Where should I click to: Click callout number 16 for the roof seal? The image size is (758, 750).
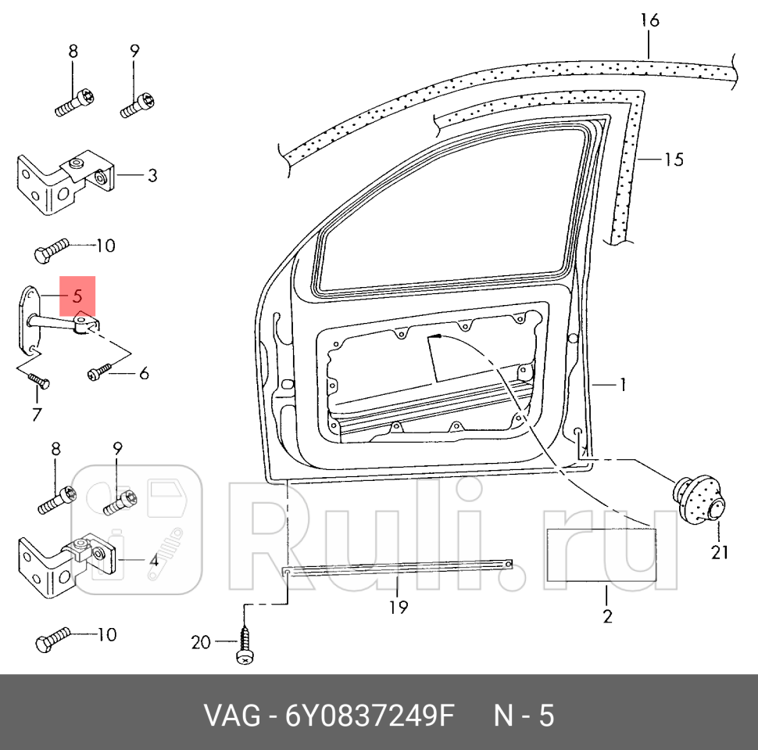pyautogui.click(x=649, y=20)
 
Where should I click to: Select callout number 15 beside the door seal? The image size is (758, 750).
pyautogui.click(x=673, y=160)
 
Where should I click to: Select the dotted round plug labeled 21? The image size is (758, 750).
pyautogui.click(x=699, y=498)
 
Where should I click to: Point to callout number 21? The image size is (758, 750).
pyautogui.click(x=719, y=552)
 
